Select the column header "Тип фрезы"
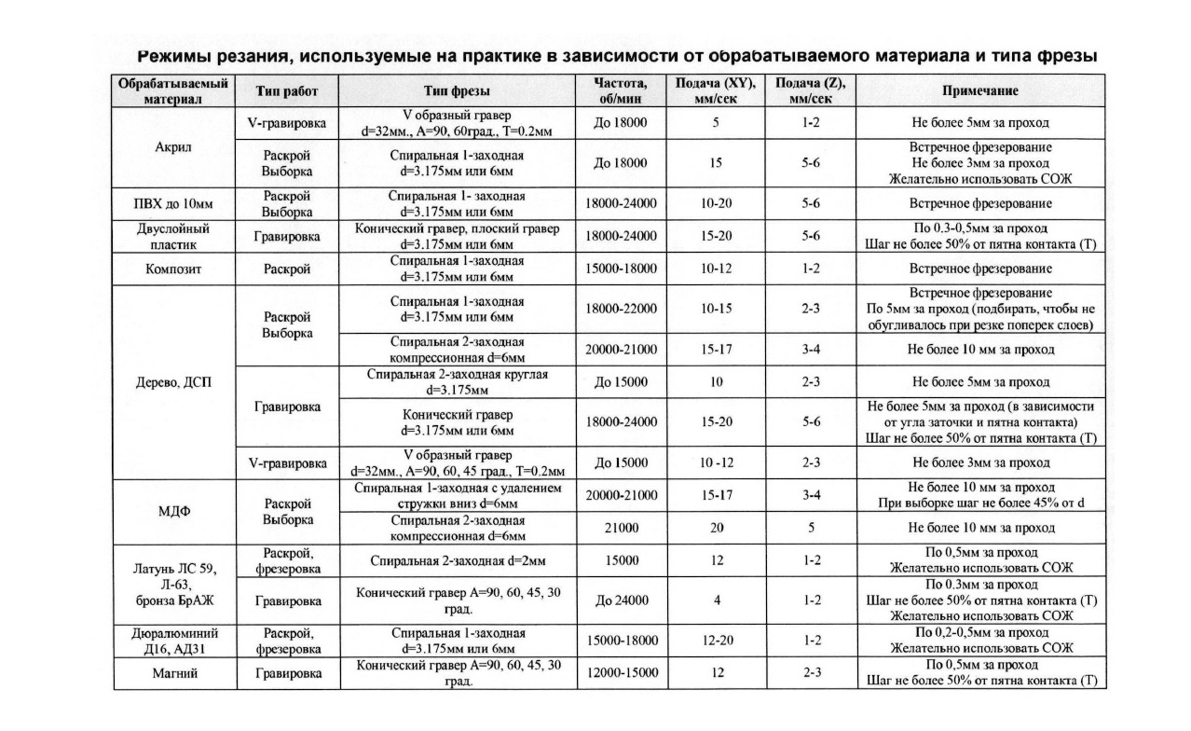tap(457, 91)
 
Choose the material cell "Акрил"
tap(173, 147)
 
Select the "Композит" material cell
tap(173, 269)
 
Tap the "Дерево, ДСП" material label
tap(173, 381)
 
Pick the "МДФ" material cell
tap(173, 512)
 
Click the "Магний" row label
tap(173, 672)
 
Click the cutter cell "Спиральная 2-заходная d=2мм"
tap(457, 561)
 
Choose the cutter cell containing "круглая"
tap(457, 381)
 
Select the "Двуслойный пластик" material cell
tap(173, 236)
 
